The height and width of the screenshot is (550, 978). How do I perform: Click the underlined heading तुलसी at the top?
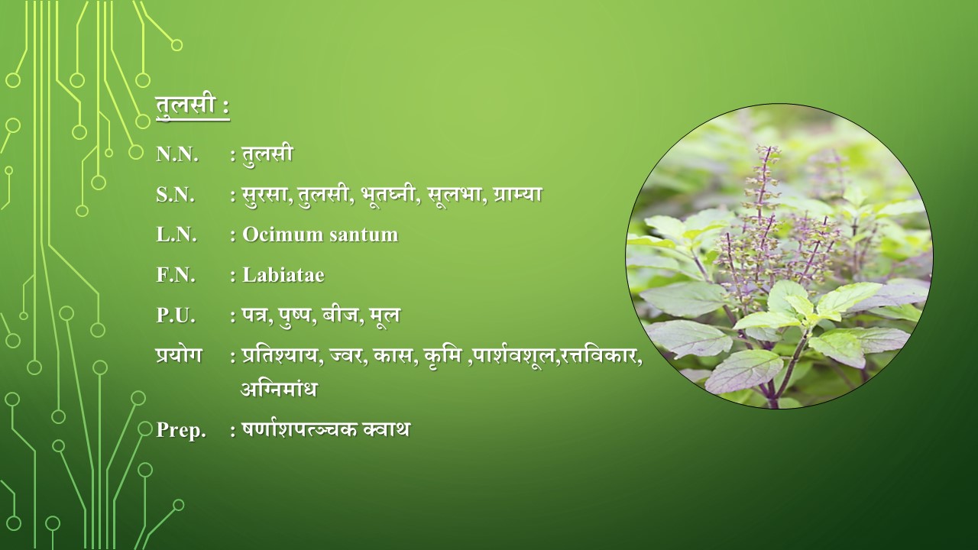186,106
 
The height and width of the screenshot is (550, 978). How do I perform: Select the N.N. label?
177,154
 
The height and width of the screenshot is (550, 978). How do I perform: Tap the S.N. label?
175,195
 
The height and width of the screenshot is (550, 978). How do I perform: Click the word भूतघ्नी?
387,195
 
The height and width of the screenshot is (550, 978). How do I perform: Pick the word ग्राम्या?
518,195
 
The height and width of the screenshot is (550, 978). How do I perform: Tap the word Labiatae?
283,275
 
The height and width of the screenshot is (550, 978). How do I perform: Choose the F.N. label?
176,275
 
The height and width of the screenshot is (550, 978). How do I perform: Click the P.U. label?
176,315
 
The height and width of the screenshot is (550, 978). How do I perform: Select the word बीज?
341,315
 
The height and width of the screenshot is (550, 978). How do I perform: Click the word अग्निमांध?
279,389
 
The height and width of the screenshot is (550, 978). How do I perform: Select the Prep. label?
181,430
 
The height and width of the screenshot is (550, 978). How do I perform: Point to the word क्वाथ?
386,429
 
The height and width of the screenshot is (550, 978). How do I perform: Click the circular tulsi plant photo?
779,256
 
